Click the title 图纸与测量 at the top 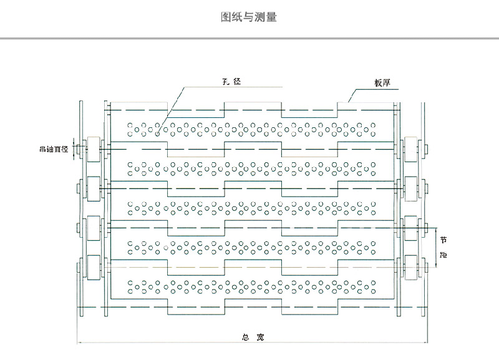[249, 17]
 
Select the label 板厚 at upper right [382, 83]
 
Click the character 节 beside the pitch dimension [443, 240]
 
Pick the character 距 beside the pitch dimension [443, 255]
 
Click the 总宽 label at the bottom [253, 338]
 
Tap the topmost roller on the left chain [93, 149]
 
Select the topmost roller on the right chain [411, 149]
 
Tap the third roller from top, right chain [411, 226]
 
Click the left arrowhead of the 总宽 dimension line [79, 342]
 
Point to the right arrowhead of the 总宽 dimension [426, 342]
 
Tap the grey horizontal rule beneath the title [249, 39]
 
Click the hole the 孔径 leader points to [157, 132]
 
